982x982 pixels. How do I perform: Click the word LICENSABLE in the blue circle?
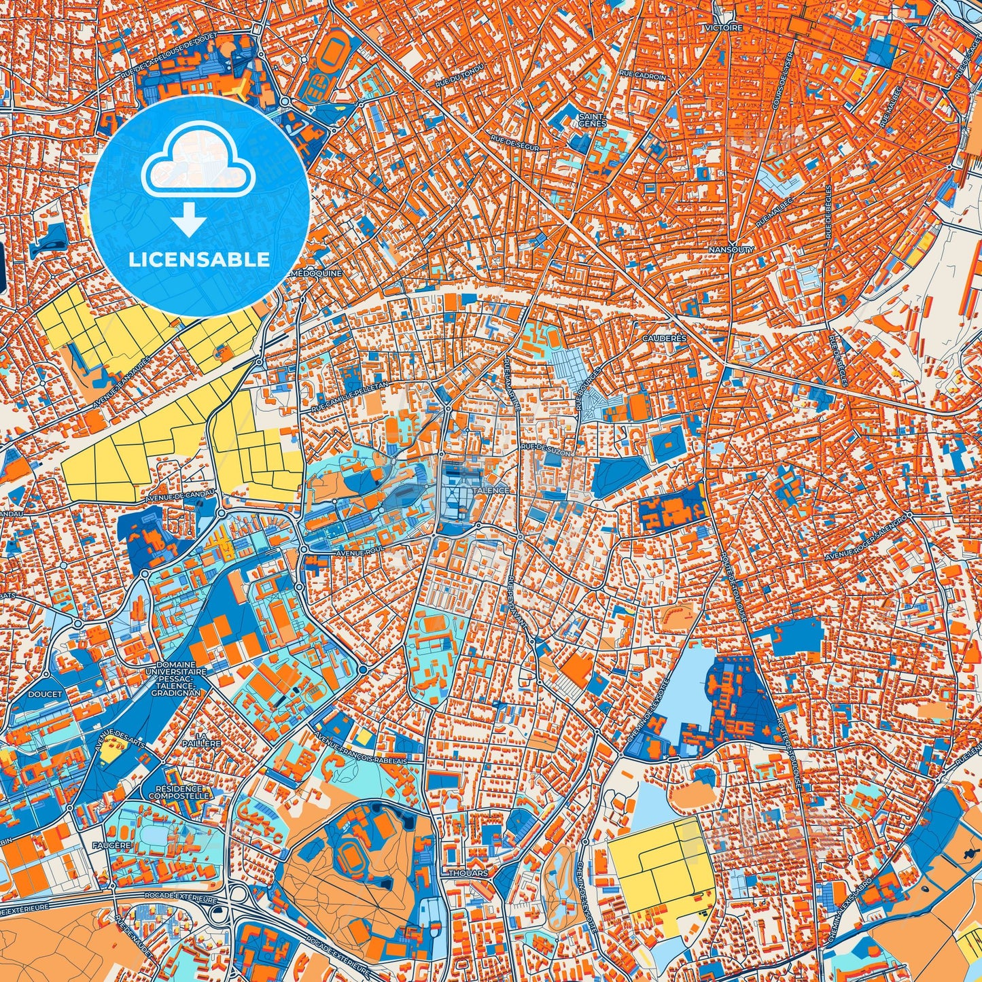[x=200, y=259]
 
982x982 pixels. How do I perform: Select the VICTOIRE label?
[x=724, y=28]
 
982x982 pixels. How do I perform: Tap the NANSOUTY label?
[x=731, y=249]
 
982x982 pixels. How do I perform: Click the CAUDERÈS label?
[x=664, y=338]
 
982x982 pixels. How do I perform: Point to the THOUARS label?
[x=468, y=873]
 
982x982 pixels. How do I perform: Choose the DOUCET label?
[x=45, y=695]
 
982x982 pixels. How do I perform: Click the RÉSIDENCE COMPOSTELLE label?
[x=179, y=792]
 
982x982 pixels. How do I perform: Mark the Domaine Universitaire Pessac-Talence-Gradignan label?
[x=175, y=679]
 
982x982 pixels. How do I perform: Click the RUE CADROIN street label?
[x=642, y=77]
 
